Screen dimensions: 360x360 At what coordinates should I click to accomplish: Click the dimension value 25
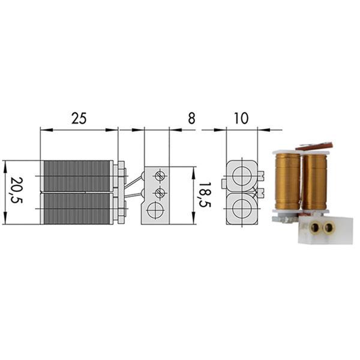click(79, 118)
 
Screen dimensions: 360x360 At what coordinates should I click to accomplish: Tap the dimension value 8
click(191, 118)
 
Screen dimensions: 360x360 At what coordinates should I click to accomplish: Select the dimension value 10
click(241, 118)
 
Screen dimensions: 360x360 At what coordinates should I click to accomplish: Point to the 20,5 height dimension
click(17, 190)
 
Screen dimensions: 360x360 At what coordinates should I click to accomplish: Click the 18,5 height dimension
click(205, 195)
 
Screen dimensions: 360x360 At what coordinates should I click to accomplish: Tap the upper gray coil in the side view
click(77, 176)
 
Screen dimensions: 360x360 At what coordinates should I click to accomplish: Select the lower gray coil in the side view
click(77, 209)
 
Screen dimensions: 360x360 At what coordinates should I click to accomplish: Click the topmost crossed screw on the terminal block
click(160, 176)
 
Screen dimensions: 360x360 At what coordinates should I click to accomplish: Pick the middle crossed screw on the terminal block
click(160, 193)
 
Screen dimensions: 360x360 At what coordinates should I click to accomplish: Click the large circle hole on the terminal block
click(155, 210)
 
